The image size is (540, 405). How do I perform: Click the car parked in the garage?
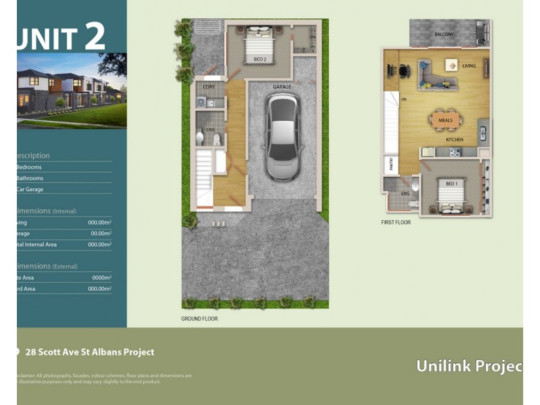[282, 136]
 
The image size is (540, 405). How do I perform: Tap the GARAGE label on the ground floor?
[282, 87]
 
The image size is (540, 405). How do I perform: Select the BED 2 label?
[260, 59]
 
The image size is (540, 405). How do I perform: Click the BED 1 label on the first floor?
[451, 183]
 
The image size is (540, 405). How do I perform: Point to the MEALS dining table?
[445, 121]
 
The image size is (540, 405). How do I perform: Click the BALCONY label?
[443, 34]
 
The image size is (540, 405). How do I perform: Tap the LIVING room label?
[468, 66]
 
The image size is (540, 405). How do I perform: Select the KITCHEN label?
[454, 140]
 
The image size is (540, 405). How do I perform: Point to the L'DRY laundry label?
[209, 87]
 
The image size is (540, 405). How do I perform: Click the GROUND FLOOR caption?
[199, 319]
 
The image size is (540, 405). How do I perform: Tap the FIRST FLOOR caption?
[396, 222]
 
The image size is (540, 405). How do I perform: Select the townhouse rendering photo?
[72, 90]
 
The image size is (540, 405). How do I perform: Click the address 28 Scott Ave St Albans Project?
[89, 352]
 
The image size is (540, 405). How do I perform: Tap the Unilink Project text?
[468, 366]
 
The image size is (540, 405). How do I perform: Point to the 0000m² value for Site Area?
[101, 277]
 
